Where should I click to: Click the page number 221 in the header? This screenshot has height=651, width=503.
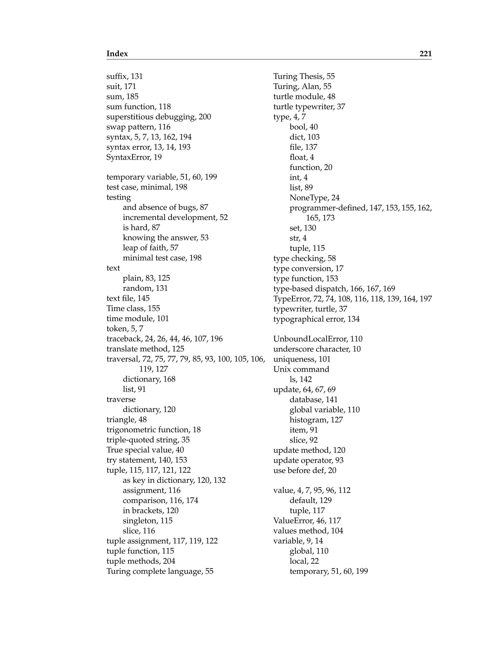425,54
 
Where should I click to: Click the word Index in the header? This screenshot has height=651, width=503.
117,54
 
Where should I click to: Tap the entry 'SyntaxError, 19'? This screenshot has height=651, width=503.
134,157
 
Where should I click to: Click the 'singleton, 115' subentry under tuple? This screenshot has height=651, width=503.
148,521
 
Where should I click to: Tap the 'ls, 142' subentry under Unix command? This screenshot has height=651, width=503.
301,380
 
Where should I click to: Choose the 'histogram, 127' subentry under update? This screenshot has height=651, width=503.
316,420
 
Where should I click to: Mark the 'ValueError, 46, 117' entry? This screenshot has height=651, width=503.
307,521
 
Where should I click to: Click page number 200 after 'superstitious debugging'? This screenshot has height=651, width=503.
205,117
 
